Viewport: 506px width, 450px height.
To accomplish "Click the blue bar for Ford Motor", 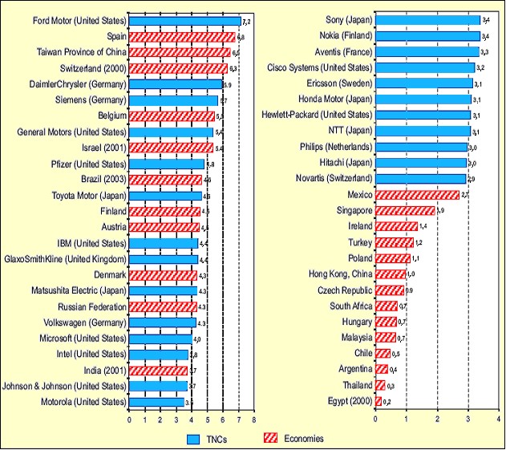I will tap(184, 22).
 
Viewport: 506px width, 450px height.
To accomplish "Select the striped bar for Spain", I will tap(182, 37).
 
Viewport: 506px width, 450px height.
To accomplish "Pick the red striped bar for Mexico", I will tap(416, 194).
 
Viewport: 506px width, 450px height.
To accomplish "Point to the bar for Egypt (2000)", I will tap(378, 399).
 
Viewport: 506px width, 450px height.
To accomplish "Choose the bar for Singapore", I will tap(404, 210).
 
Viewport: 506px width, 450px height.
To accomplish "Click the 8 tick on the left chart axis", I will tap(253, 420).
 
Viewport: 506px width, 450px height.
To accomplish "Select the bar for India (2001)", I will tap(158, 370).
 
